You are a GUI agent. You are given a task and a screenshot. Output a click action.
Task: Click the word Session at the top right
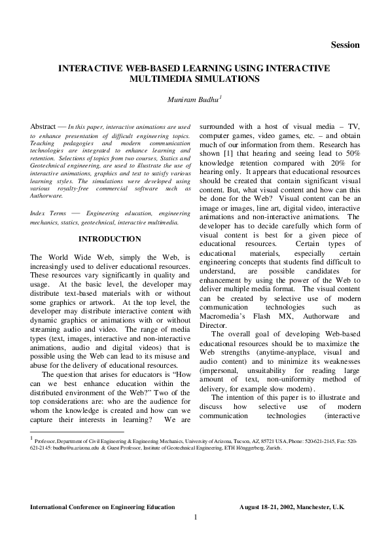(345, 45)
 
